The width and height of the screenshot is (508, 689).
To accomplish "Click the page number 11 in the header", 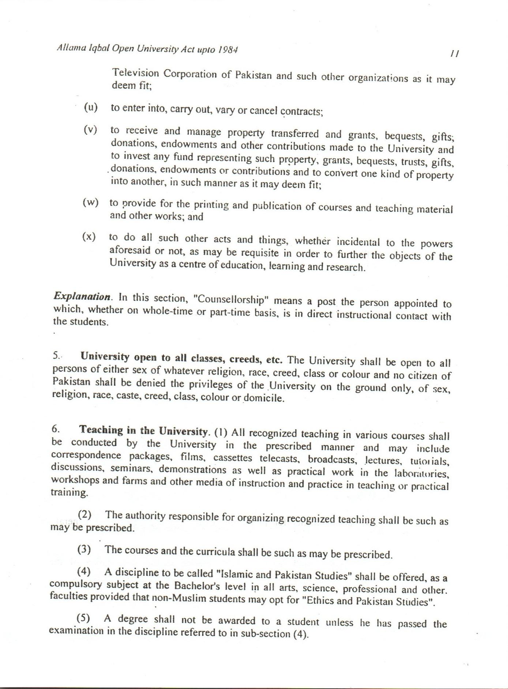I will click(455, 53).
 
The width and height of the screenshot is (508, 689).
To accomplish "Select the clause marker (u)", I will click(91, 107).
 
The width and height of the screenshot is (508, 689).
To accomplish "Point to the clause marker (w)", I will click(91, 202).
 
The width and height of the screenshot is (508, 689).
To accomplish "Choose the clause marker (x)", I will click(89, 236).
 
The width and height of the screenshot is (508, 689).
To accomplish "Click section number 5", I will click(56, 355).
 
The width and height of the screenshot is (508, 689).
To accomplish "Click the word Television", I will click(135, 73).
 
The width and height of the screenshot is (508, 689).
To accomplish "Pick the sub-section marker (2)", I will click(85, 514).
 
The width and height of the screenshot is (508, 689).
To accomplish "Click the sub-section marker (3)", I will click(84, 549).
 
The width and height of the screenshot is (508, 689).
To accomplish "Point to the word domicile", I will click(264, 398).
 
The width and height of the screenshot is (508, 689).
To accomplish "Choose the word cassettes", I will click(233, 458).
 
